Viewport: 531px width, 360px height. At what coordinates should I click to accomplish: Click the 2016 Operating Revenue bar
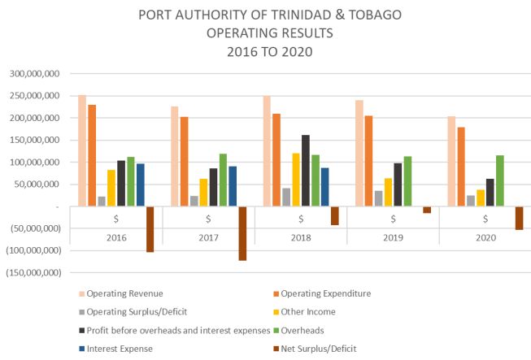click(x=82, y=150)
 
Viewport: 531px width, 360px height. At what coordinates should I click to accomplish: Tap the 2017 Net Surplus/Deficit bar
click(x=242, y=233)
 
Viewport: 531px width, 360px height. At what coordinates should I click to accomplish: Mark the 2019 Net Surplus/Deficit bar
click(x=427, y=210)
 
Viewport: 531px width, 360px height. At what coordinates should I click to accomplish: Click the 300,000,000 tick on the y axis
click(x=33, y=74)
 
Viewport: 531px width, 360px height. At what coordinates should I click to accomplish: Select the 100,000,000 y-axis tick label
click(x=33, y=163)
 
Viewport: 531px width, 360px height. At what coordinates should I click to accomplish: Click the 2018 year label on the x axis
click(x=301, y=236)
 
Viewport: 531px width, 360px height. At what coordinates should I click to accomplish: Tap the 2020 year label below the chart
click(x=485, y=236)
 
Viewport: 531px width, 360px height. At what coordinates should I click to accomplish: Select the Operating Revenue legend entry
click(x=119, y=293)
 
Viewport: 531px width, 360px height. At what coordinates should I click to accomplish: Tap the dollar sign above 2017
click(x=209, y=219)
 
